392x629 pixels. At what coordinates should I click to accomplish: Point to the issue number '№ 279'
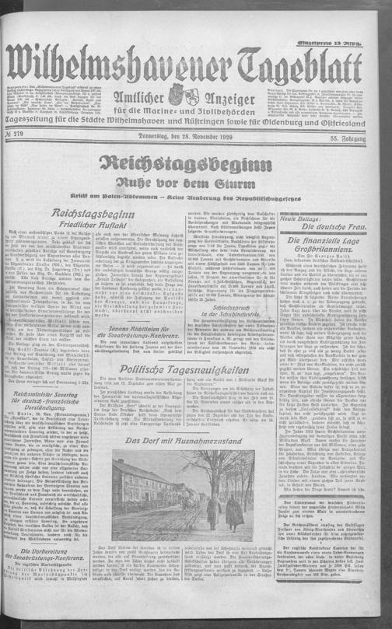coord(16,138)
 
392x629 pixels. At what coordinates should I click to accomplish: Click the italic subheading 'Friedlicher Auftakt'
coord(72,227)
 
